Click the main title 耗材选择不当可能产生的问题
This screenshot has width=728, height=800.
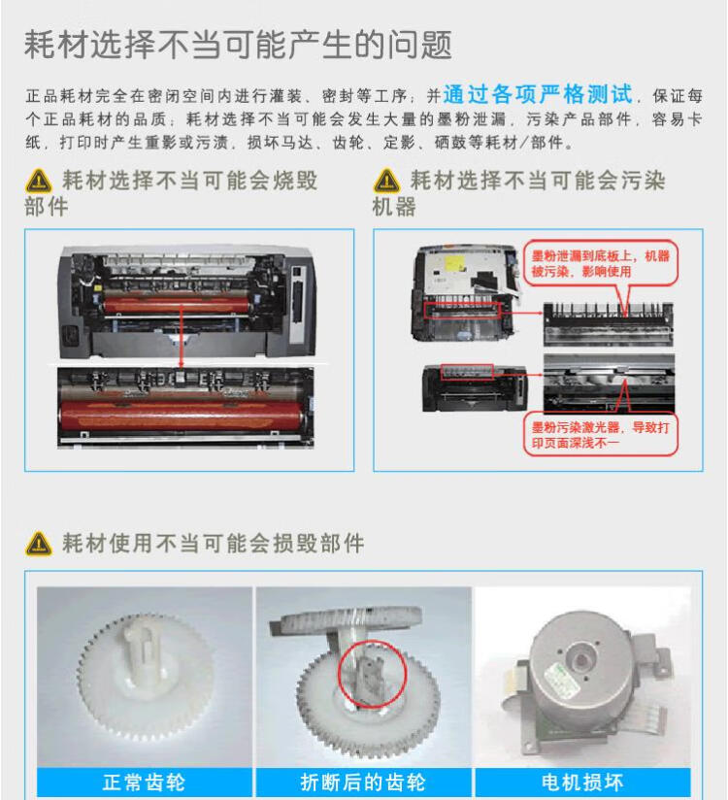(238, 45)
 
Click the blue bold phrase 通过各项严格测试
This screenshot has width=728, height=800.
(538, 95)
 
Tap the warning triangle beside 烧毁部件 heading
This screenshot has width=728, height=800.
(39, 182)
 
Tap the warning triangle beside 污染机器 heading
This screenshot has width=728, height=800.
(386, 182)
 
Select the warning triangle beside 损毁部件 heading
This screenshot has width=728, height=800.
(39, 543)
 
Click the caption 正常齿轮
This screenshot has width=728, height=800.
(144, 782)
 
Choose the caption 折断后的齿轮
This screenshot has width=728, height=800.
(362, 782)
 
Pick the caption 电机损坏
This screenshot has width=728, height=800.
(581, 782)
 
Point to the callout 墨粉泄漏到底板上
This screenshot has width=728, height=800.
(599, 263)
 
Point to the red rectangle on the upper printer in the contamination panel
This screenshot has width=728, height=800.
(463, 310)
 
